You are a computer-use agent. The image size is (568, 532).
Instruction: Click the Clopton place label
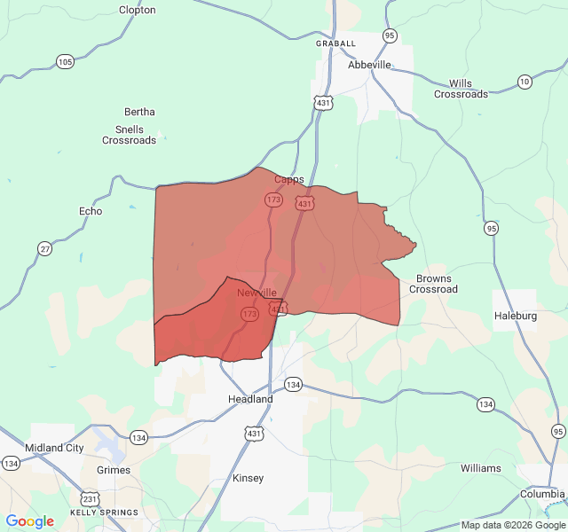point(137,10)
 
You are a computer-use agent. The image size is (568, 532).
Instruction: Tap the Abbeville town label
point(369,65)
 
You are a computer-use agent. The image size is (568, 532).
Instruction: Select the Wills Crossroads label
point(461,89)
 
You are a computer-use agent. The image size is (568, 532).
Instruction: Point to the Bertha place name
point(139,112)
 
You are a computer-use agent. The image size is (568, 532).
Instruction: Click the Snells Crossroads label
point(130,135)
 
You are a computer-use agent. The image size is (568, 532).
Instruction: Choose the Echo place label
point(91,211)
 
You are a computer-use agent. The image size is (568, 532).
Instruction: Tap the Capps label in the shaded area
point(288,179)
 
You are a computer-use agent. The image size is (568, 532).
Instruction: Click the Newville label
point(256,293)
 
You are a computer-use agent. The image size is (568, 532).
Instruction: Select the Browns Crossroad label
point(433,284)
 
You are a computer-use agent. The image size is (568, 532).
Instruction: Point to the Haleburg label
point(516,316)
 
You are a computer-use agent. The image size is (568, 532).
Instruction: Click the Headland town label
point(250,399)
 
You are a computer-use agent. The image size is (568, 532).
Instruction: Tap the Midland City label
point(55,448)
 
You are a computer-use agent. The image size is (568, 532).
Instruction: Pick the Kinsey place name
point(248,478)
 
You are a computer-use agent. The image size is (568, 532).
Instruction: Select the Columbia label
point(541,493)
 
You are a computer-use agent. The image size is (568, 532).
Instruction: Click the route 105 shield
point(65,62)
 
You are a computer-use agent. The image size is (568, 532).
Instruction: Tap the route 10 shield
point(525,82)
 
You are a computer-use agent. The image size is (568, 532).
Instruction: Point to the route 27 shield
point(44,249)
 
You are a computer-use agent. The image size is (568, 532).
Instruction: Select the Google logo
point(29,521)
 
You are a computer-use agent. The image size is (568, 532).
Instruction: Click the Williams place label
point(480,468)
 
